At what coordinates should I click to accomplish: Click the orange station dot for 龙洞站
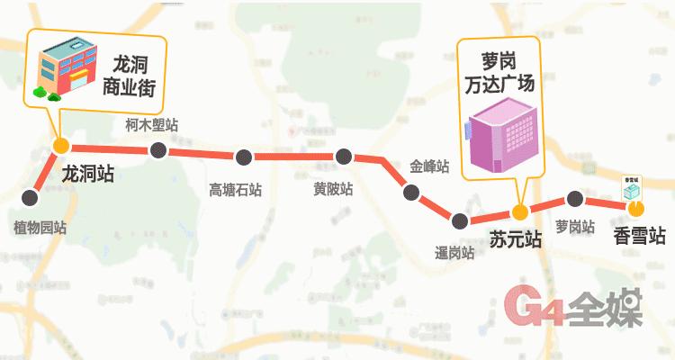[x=61, y=145]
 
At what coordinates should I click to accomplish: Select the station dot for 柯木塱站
[x=157, y=149]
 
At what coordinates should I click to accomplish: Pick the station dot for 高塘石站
[x=243, y=157]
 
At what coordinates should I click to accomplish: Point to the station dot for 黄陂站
[x=341, y=157]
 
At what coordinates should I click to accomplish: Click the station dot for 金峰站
[x=411, y=192]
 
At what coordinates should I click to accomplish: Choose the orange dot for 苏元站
[x=518, y=212]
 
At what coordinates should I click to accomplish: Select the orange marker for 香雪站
[x=634, y=209]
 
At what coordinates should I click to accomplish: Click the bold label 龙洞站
[x=86, y=172]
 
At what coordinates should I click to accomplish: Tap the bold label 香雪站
[x=639, y=236]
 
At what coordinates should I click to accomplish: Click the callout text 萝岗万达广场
[x=500, y=75]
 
